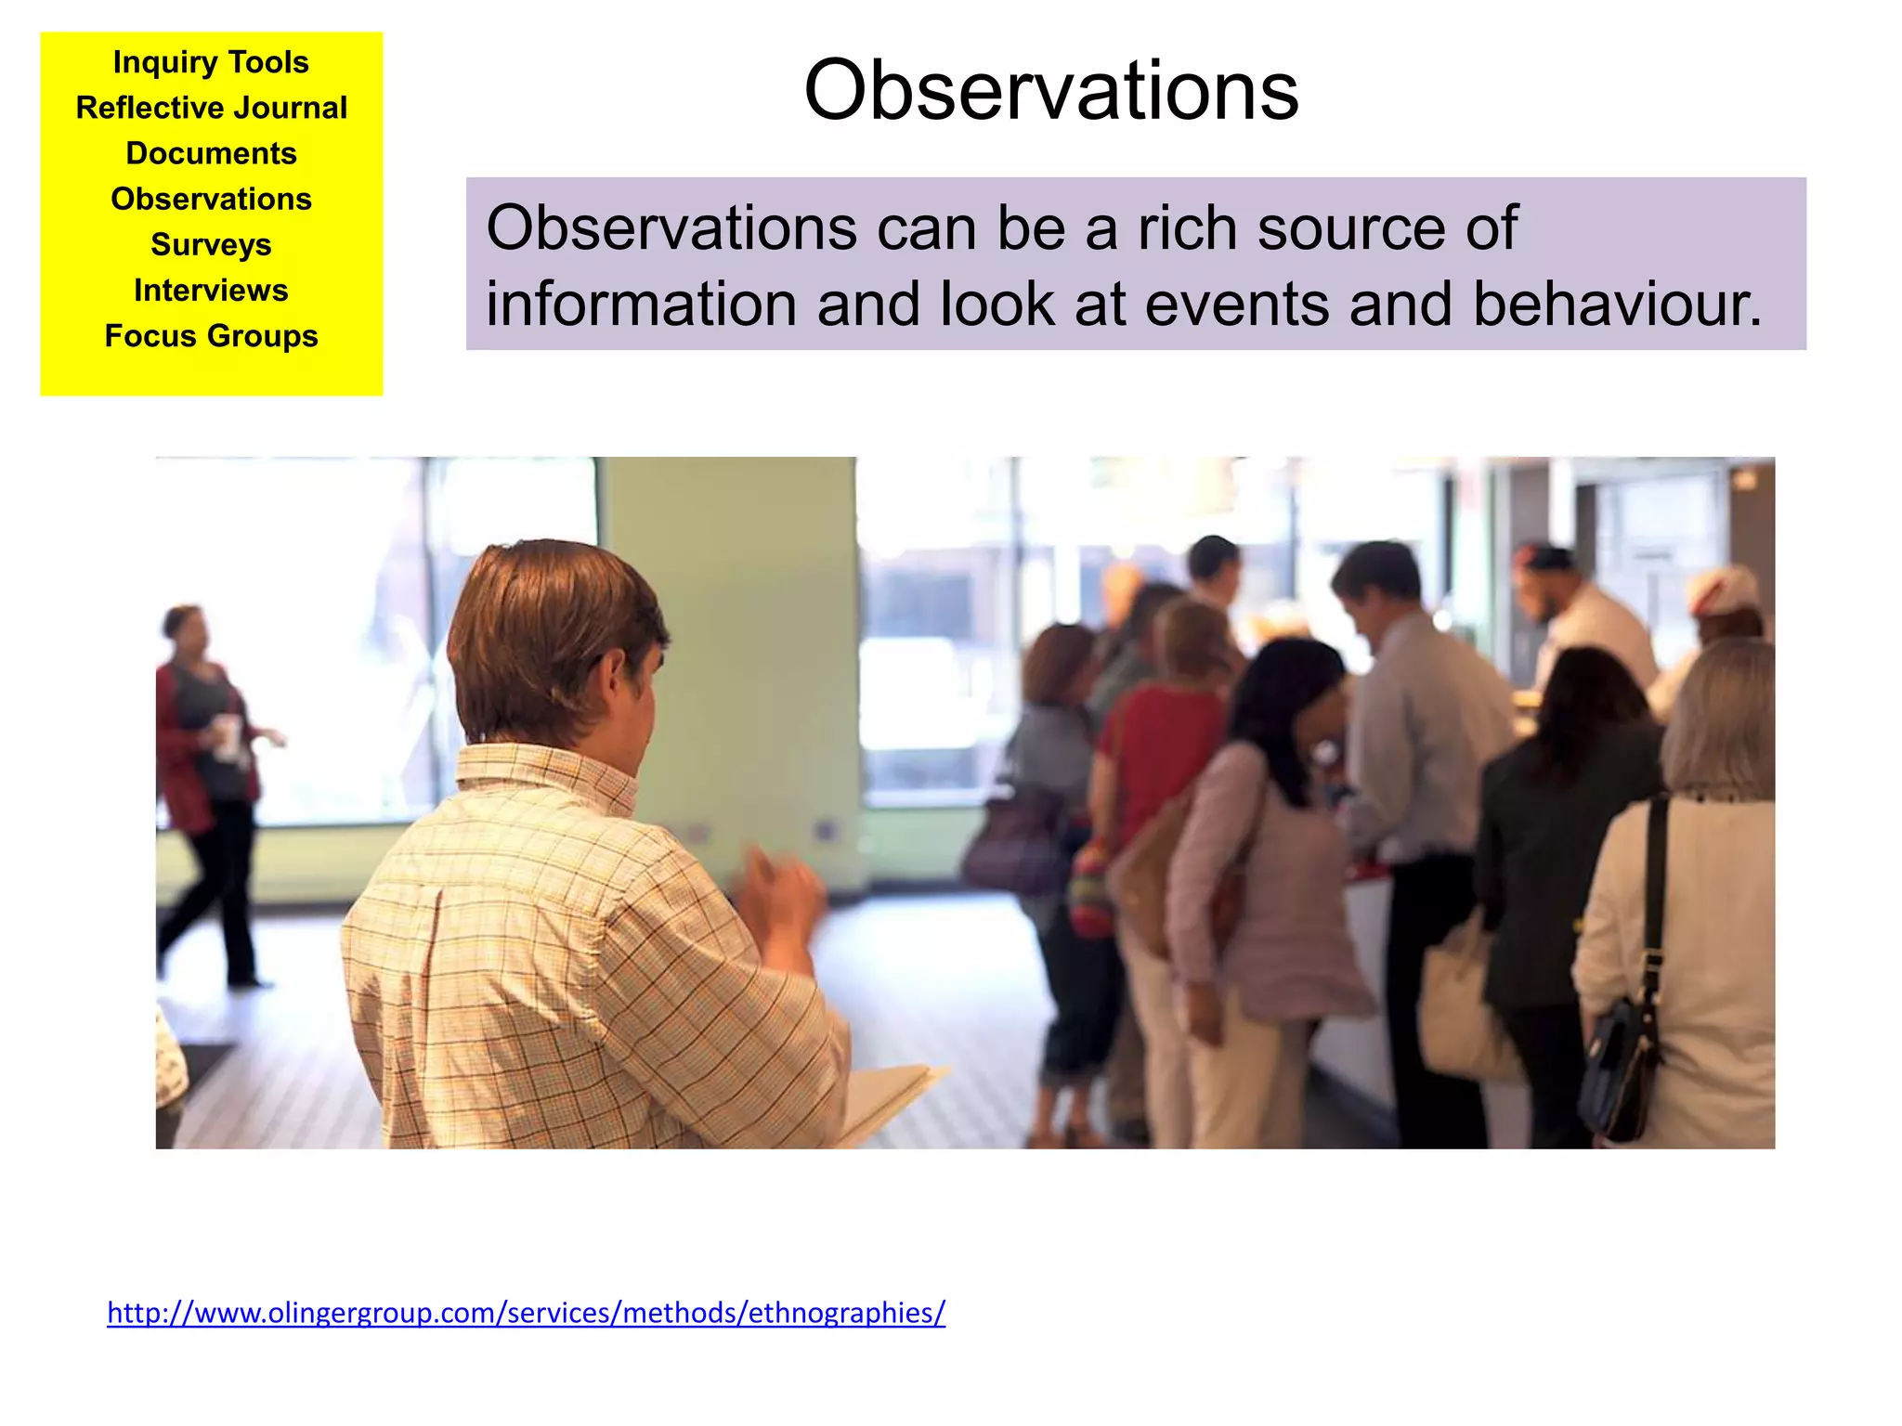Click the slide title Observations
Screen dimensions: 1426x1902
tap(1050, 90)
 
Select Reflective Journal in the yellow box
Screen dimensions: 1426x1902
tap(211, 108)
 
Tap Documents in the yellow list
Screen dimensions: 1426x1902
tap(211, 153)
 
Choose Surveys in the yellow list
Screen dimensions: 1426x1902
tap(211, 244)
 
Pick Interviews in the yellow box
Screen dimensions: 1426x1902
tap(211, 290)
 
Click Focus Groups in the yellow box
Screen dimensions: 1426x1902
tap(211, 335)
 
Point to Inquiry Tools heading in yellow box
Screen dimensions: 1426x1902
tap(211, 62)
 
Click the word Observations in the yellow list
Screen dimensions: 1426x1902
tap(211, 199)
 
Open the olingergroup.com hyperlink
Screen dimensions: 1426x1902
tap(526, 1313)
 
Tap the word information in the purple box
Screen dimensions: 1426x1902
tap(641, 305)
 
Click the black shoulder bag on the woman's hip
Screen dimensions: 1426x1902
tap(1621, 1068)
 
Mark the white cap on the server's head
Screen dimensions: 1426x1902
tap(1725, 590)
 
